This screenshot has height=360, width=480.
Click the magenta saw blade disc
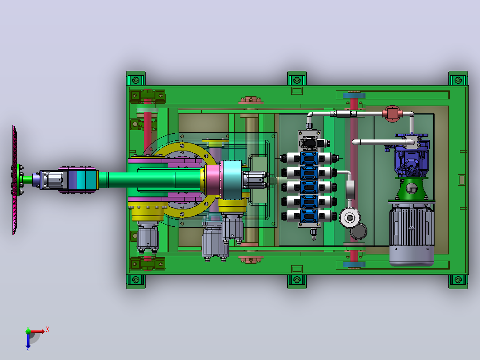[x=14, y=180]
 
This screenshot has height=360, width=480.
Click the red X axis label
[x=48, y=330]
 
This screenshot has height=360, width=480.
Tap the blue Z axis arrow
[x=28, y=341]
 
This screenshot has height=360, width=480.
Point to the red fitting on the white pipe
[x=392, y=114]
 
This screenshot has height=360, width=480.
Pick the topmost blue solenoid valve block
[x=309, y=159]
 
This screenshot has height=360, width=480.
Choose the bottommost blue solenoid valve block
[x=309, y=216]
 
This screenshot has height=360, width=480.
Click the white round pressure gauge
[x=349, y=217]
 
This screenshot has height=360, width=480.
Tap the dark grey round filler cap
[x=359, y=231]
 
